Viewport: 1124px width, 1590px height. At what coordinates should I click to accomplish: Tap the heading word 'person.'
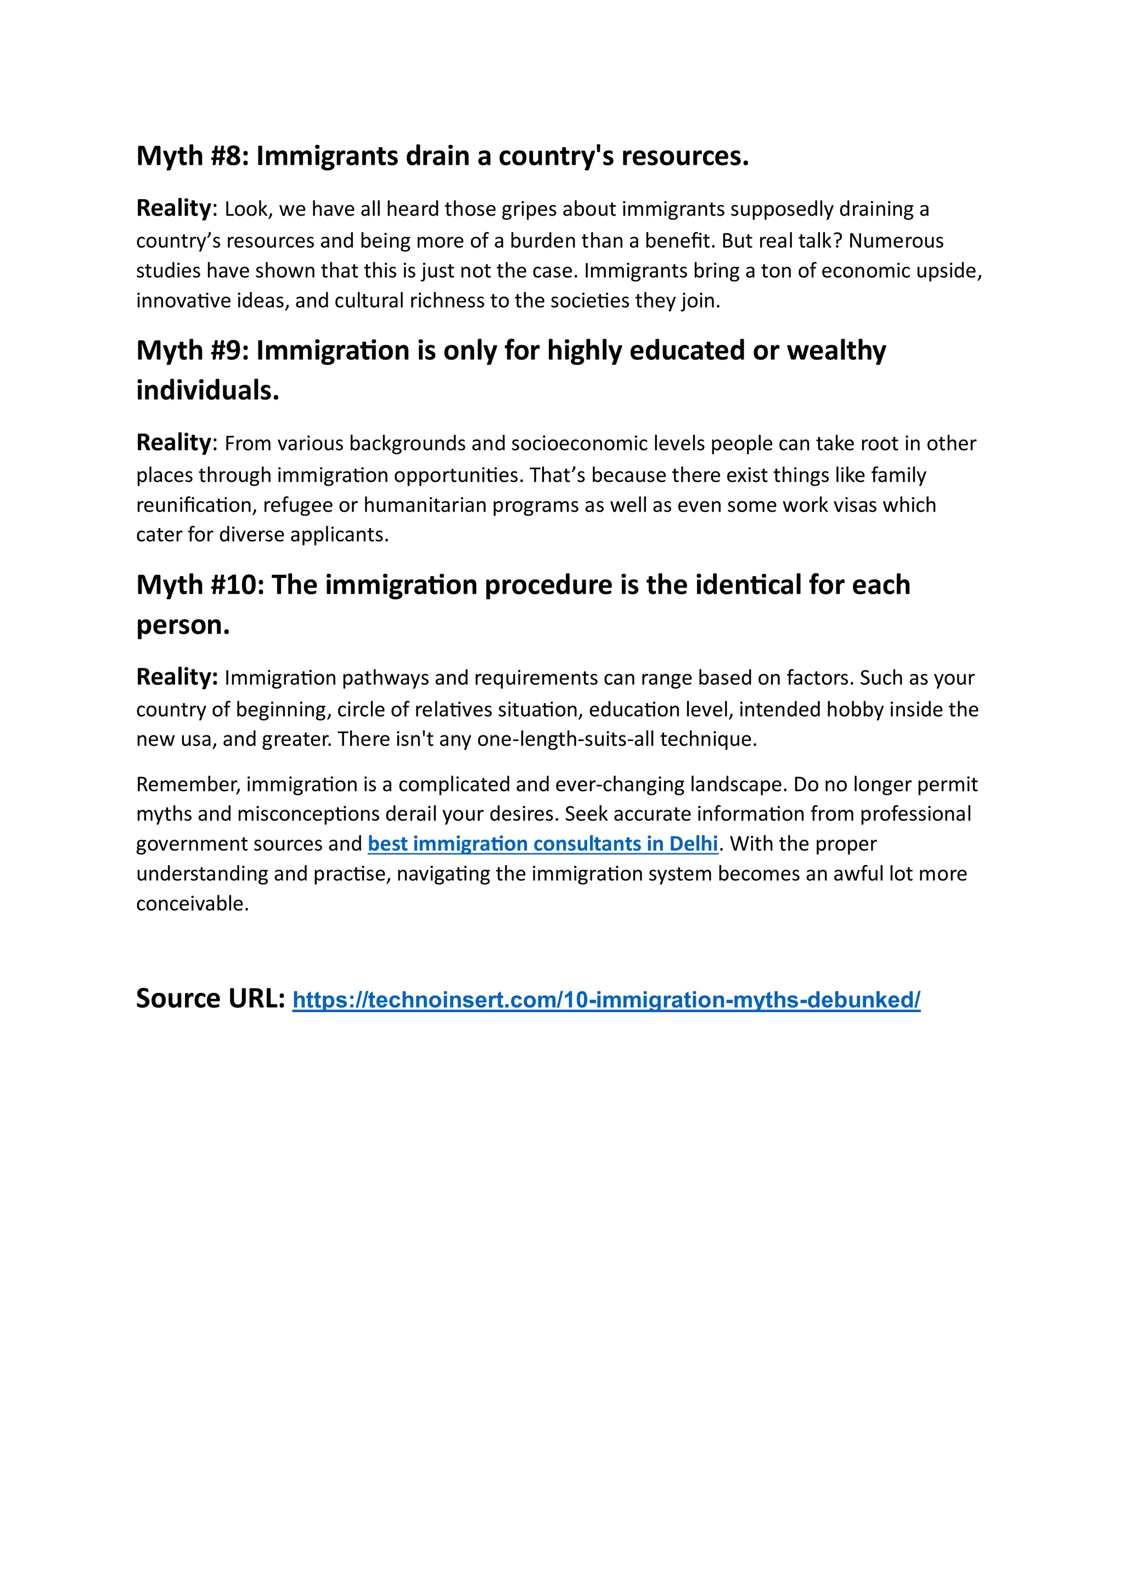(183, 625)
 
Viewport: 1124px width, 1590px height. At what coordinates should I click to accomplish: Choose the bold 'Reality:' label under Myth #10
(177, 677)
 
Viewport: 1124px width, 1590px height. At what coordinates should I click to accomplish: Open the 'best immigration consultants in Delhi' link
(542, 844)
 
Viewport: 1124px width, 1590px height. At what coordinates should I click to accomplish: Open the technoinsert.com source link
(606, 1000)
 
